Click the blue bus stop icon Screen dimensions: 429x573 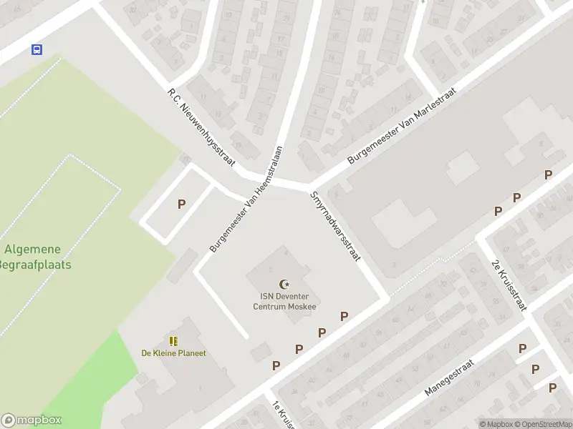point(37,49)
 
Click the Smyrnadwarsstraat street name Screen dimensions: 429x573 point(334,226)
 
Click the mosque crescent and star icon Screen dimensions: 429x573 point(284,285)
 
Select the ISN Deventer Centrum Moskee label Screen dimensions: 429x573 point(284,301)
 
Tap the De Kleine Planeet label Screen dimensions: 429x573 point(173,353)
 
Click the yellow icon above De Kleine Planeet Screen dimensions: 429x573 point(173,341)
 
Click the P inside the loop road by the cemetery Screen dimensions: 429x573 point(181,204)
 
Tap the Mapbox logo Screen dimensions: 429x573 point(32,420)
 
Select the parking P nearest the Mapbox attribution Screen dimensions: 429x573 point(552,388)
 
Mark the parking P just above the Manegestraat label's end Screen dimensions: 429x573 point(522,348)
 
